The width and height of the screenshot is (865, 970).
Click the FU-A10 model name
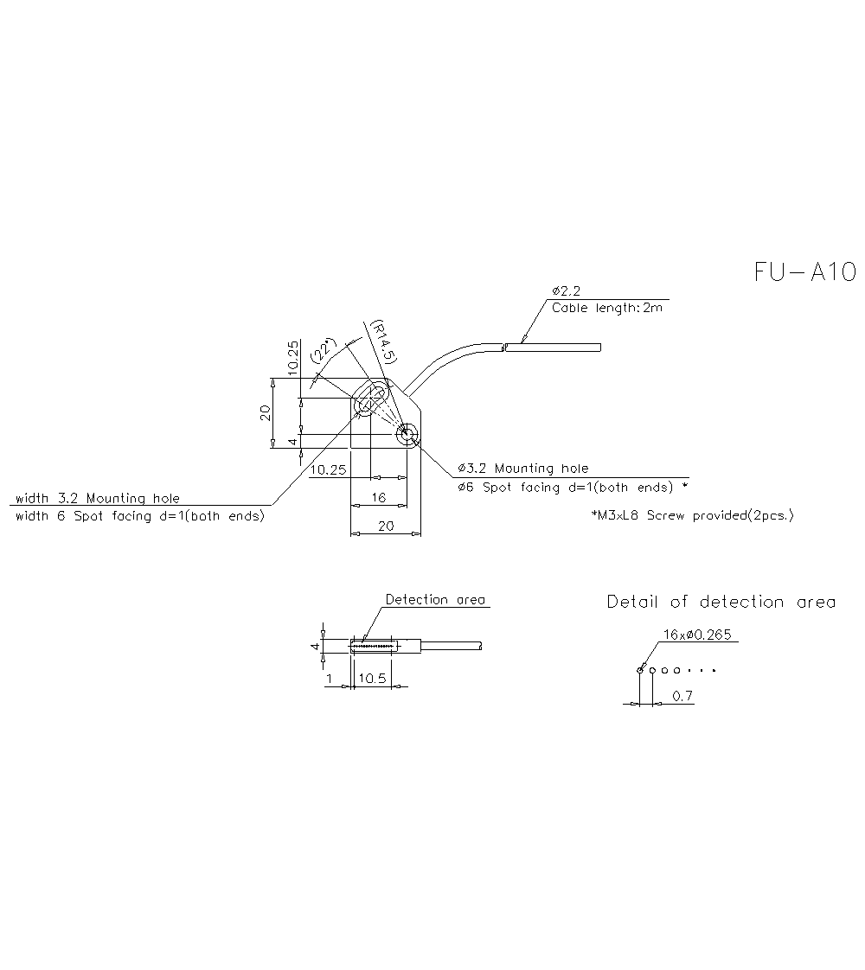804,272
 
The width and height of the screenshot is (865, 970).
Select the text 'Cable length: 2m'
606,308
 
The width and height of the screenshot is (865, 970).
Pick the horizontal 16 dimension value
378,498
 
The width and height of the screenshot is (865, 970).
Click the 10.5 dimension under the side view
371,680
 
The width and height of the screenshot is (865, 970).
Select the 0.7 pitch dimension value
682,696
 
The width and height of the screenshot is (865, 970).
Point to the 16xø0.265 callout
697,635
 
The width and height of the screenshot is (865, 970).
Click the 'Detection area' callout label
435,599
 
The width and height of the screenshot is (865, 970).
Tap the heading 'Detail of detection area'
721,602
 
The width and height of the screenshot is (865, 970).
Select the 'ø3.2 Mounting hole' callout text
522,469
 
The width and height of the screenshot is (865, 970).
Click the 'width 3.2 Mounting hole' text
98,498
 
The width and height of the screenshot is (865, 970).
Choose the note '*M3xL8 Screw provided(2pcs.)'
691,515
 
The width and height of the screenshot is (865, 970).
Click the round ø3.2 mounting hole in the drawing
407,435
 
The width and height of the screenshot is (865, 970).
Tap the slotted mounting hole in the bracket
372,401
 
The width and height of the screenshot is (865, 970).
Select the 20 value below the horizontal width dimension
386,526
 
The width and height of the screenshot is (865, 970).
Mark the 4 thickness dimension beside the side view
316,646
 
